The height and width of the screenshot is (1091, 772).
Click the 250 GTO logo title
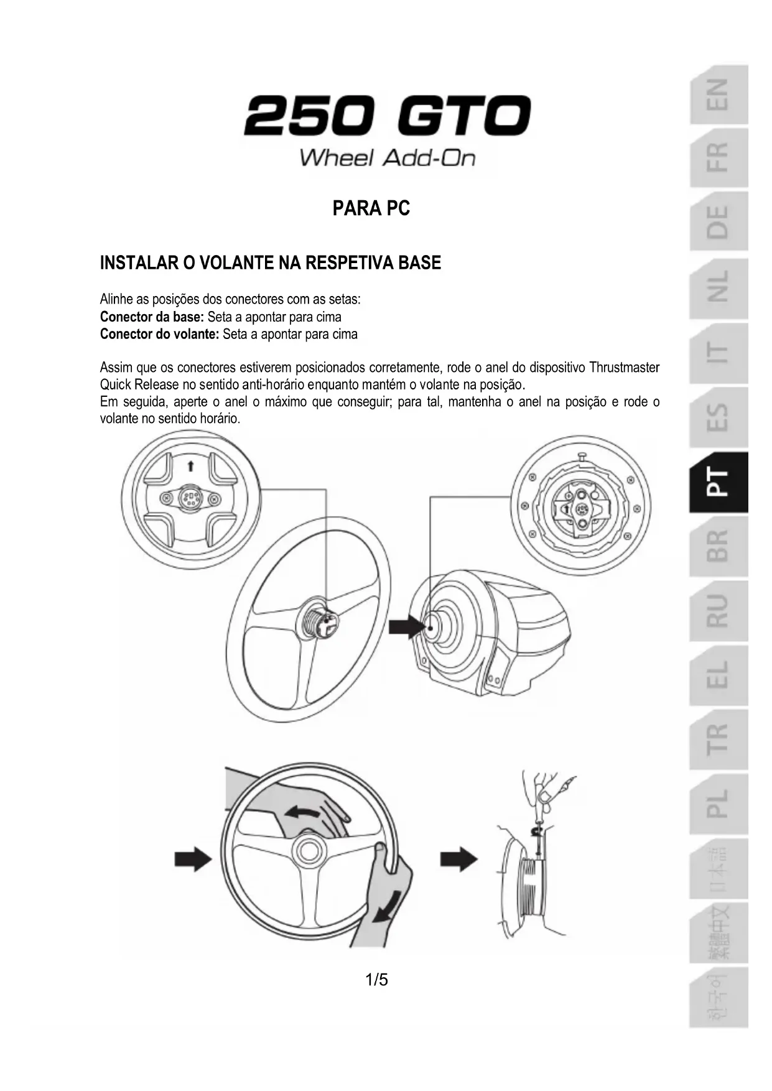tap(387, 116)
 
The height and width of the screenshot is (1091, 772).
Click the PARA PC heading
tap(371, 208)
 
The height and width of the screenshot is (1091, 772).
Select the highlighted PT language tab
tap(718, 482)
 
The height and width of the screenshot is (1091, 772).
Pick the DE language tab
tap(718, 222)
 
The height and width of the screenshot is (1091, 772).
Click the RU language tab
tap(718, 611)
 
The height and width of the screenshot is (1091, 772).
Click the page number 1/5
tap(376, 980)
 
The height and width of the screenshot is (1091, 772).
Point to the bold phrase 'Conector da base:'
tap(152, 317)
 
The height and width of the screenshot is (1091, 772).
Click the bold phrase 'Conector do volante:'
tap(159, 334)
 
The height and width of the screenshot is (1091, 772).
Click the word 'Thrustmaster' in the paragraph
tap(624, 368)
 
